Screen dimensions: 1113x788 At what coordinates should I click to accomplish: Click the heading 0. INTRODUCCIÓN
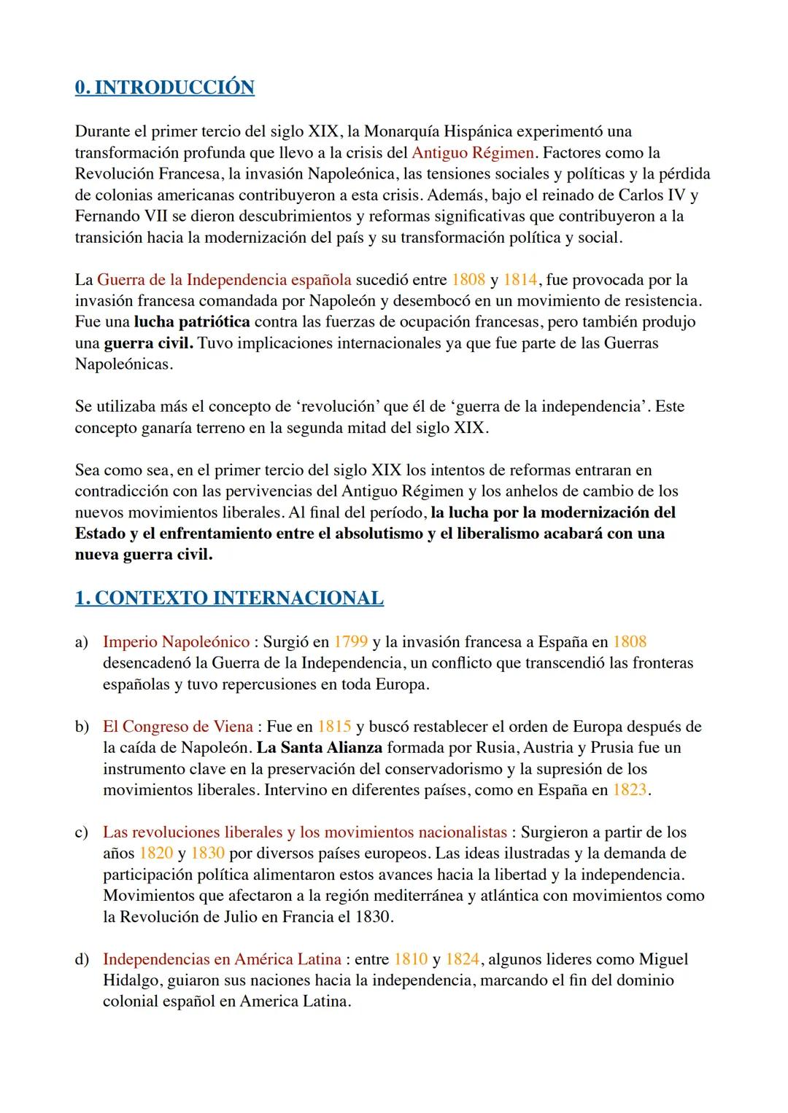pos(164,87)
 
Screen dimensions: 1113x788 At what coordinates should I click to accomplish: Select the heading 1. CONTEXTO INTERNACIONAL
pos(228,598)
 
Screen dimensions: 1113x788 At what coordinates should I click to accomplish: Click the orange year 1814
pos(519,280)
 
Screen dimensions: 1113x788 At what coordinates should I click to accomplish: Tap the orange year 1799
pos(350,642)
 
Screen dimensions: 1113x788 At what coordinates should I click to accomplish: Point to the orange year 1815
pos(334,727)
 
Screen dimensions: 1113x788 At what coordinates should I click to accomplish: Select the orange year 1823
pos(629,790)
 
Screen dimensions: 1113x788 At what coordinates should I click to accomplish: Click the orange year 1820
pos(156,854)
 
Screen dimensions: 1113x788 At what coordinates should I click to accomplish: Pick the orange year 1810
pos(410,959)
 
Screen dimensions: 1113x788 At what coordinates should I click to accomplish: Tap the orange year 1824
pos(462,959)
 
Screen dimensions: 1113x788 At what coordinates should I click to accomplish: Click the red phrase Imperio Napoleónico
pos(176,642)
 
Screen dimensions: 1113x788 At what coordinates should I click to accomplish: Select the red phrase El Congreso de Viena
pos(177,727)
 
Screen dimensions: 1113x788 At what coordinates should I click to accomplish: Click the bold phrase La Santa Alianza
pos(320,748)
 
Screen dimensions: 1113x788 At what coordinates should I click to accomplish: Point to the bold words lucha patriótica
pos(191,322)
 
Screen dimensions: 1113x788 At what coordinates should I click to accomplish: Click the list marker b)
pos(81,727)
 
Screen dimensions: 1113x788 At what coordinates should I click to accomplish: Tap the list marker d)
pos(81,959)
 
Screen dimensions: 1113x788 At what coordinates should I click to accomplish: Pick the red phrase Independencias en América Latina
pos(222,959)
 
